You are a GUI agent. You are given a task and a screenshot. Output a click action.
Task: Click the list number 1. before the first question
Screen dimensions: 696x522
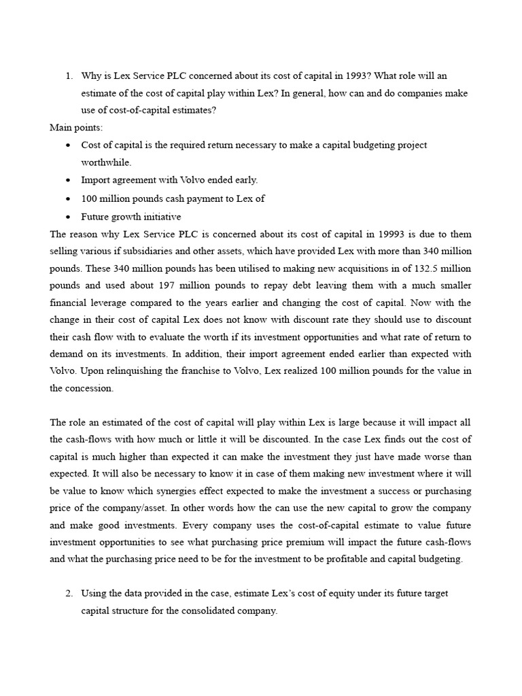pyautogui.click(x=69, y=75)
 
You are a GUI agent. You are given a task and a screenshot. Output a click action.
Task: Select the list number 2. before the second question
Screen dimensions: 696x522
pyautogui.click(x=69, y=593)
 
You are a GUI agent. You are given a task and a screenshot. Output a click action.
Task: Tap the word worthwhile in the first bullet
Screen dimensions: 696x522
pyautogui.click(x=106, y=162)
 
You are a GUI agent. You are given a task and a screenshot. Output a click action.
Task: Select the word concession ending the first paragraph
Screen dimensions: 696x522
pyautogui.click(x=90, y=388)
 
